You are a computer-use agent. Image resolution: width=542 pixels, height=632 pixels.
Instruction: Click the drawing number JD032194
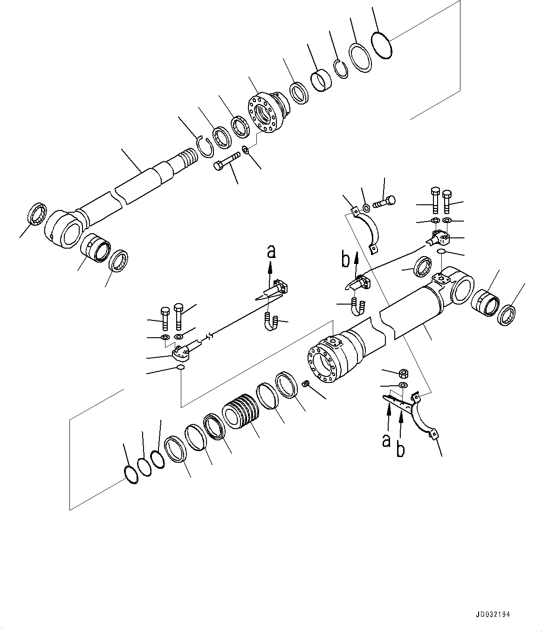[x=497, y=615]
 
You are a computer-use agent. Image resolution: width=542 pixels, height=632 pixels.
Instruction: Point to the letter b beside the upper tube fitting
[x=345, y=260]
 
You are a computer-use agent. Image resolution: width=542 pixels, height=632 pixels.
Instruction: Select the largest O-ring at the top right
[x=382, y=45]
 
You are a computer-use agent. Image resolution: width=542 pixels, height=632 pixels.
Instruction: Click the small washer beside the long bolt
[x=246, y=150]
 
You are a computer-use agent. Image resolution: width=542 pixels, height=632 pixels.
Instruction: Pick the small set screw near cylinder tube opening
[x=306, y=384]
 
